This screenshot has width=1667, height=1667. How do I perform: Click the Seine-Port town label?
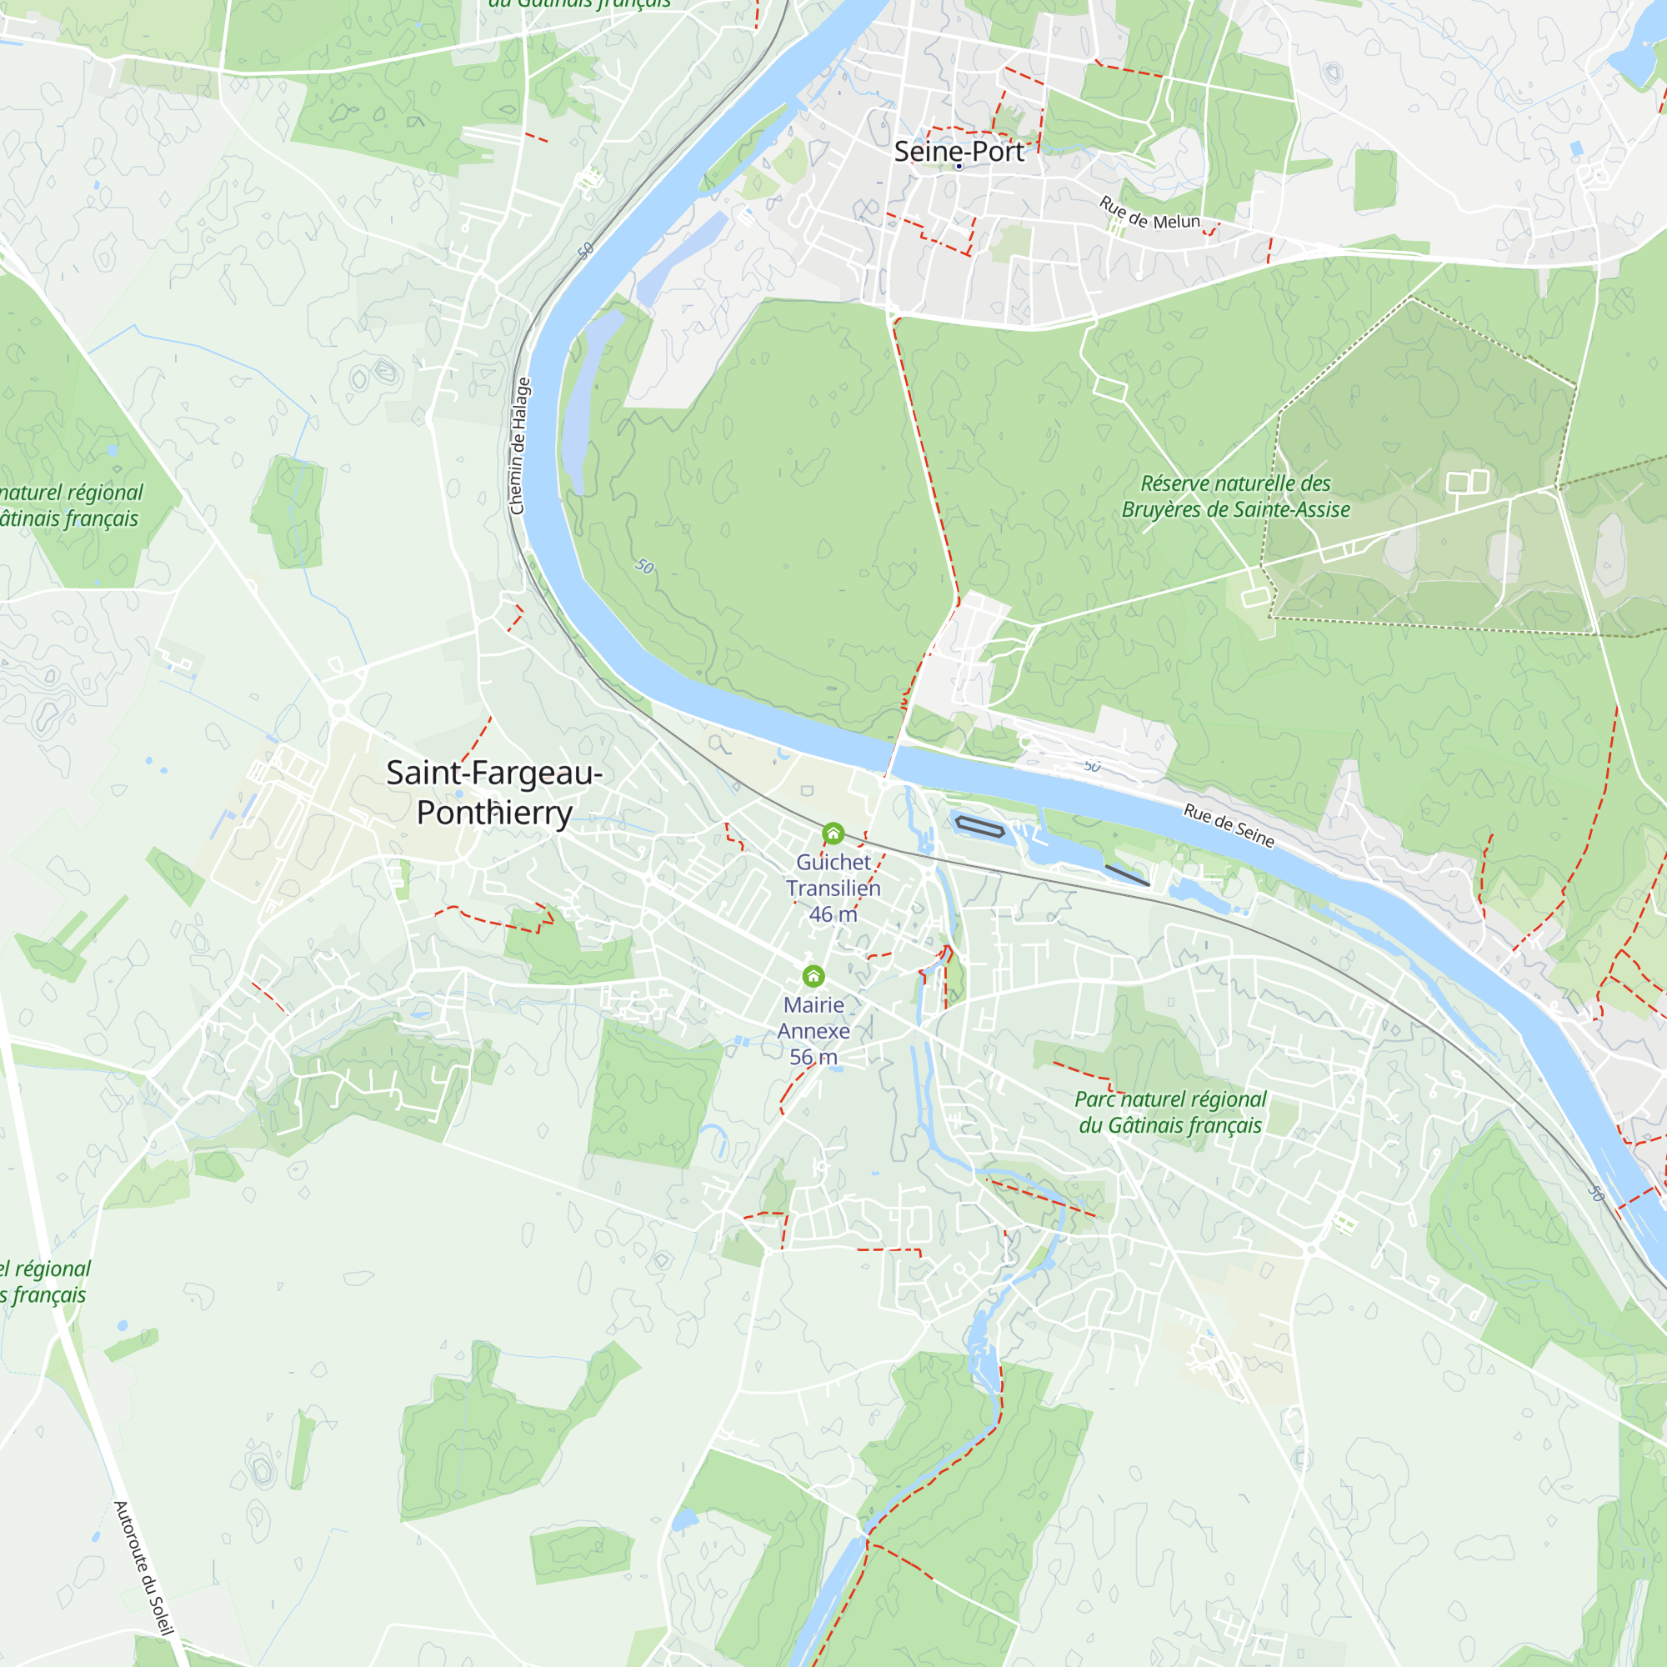[959, 151]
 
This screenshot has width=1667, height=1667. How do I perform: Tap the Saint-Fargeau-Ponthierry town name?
[493, 792]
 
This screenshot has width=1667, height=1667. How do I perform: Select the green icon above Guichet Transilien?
[833, 833]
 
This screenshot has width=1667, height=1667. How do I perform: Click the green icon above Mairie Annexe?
[813, 976]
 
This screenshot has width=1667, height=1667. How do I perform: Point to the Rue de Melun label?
[1149, 214]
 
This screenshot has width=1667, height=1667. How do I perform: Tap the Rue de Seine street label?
[1229, 826]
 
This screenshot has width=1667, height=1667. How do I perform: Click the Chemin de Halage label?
[518, 446]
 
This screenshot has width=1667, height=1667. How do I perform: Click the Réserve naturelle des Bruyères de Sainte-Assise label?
[1235, 496]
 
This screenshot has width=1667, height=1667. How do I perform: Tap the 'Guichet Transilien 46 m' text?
[833, 888]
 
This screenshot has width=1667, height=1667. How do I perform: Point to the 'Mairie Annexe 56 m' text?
[813, 1030]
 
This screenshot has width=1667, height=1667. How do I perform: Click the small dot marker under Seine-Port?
[959, 166]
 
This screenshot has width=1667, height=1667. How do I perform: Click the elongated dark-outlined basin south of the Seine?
[979, 828]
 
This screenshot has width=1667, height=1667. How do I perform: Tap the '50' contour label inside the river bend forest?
[644, 567]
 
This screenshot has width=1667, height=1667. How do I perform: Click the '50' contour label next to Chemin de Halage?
[586, 250]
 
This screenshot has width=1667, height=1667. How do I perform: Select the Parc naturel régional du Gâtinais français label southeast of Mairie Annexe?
[1170, 1112]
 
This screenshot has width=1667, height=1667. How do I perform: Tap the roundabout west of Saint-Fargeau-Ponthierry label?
[339, 711]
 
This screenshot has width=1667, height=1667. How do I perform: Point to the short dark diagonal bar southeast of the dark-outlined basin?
[1127, 875]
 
